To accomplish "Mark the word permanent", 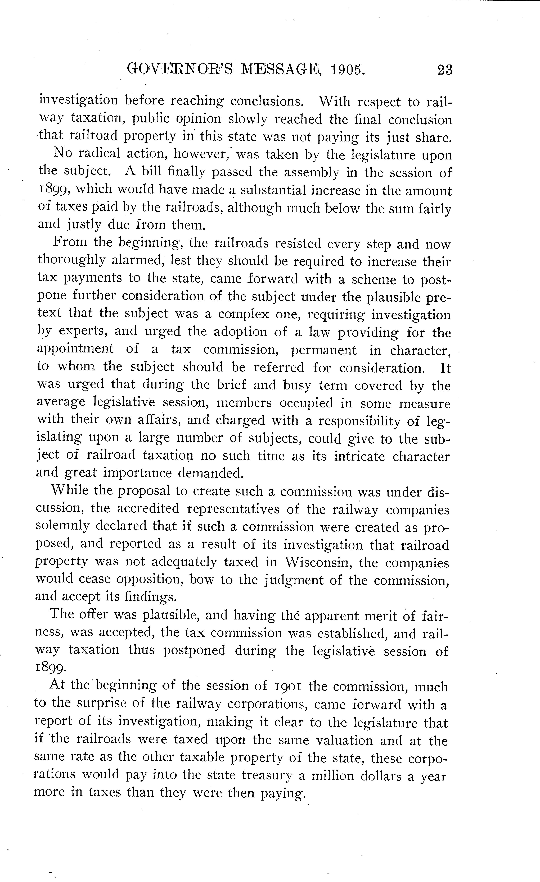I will [324, 350].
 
